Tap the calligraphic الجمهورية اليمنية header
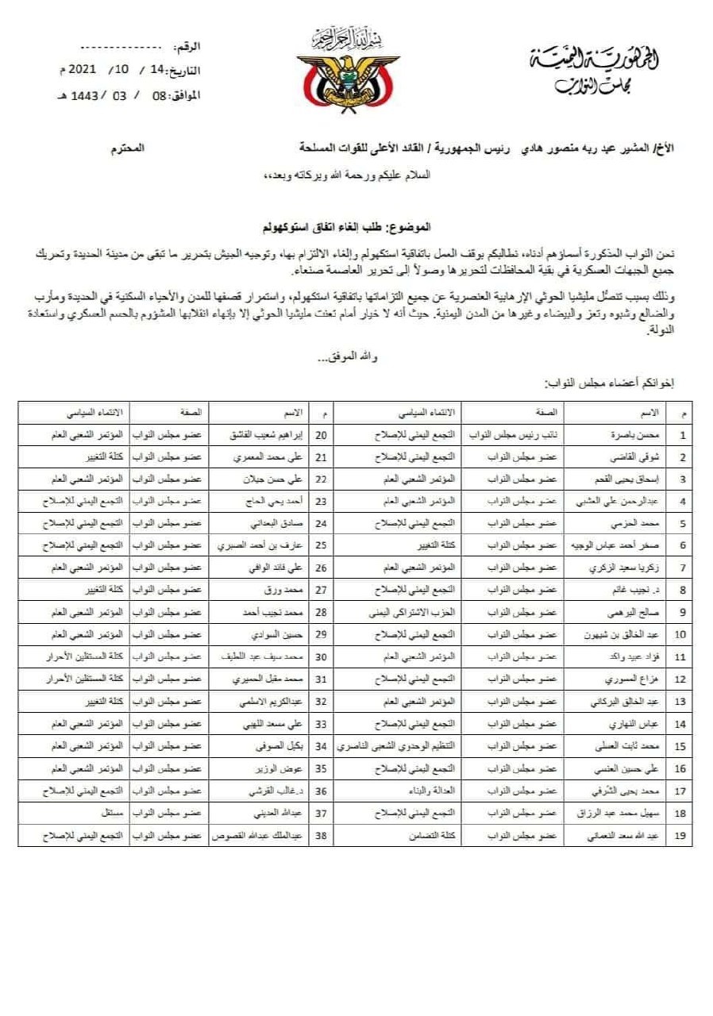tap(592, 60)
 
